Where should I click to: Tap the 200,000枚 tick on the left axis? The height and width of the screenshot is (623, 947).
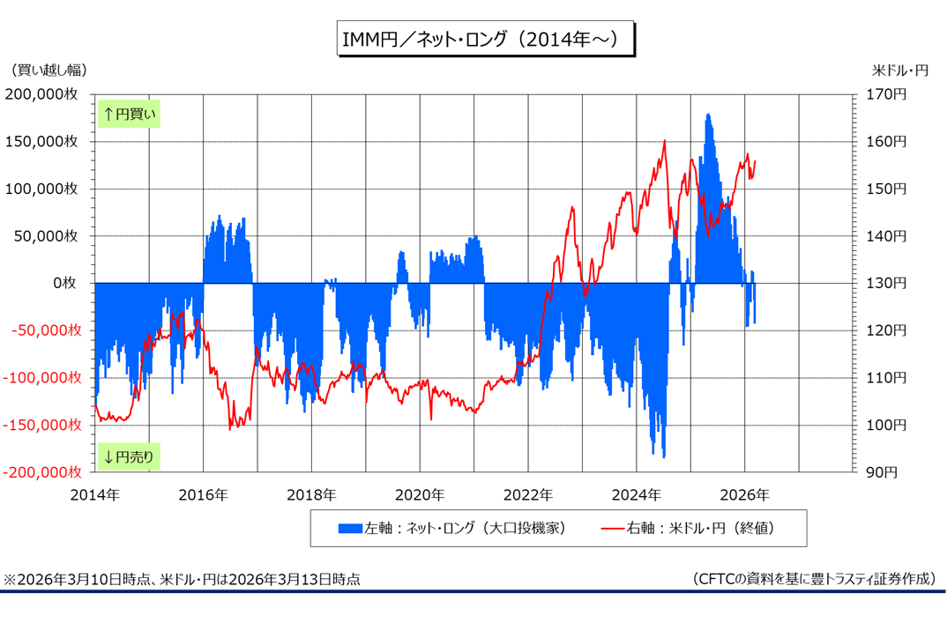pyautogui.click(x=46, y=94)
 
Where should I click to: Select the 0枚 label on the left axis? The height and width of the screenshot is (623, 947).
pyautogui.click(x=69, y=283)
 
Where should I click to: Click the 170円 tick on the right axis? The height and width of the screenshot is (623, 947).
pyautogui.click(x=886, y=94)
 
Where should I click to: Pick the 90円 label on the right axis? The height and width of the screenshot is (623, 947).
pyautogui.click(x=883, y=472)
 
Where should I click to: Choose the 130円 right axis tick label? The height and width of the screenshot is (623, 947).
pyautogui.click(x=886, y=283)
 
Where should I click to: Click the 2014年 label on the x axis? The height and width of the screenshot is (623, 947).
pyautogui.click(x=96, y=494)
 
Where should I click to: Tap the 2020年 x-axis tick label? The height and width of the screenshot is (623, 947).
pyautogui.click(x=420, y=494)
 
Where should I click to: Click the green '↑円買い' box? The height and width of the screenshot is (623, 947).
pyautogui.click(x=129, y=114)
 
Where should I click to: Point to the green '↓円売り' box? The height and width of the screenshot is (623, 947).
pyautogui.click(x=129, y=456)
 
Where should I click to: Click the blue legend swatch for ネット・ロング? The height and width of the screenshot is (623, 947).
pyautogui.click(x=350, y=529)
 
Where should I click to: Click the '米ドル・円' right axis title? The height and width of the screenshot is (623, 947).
pyautogui.click(x=900, y=70)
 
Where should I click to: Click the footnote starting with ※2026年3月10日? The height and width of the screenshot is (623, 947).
pyautogui.click(x=183, y=579)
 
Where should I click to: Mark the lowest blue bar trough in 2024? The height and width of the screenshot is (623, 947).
pyautogui.click(x=664, y=456)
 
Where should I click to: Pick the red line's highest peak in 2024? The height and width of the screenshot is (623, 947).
pyautogui.click(x=665, y=141)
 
